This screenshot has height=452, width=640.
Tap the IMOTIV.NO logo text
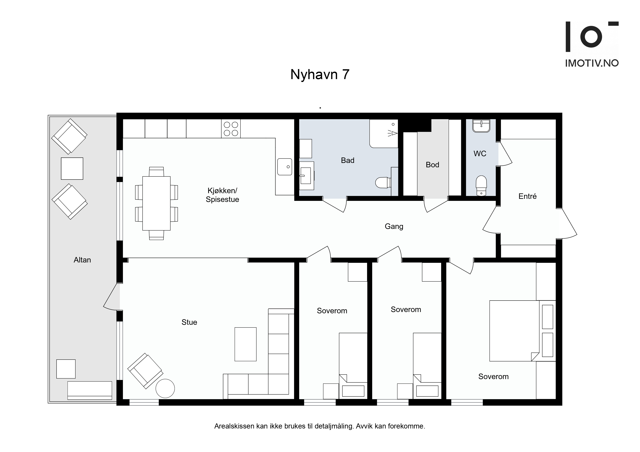592,63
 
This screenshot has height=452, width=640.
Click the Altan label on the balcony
82,260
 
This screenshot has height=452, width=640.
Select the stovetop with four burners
231,129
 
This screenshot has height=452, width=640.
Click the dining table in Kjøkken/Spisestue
156,203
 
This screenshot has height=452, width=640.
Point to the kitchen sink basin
285,167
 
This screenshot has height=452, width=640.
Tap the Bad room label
348,160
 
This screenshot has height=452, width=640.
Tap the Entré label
527,196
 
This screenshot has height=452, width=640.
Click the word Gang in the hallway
394,226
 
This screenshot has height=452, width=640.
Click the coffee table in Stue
245,344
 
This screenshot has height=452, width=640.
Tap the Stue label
189,322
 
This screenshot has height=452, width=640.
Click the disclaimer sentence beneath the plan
320,426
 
